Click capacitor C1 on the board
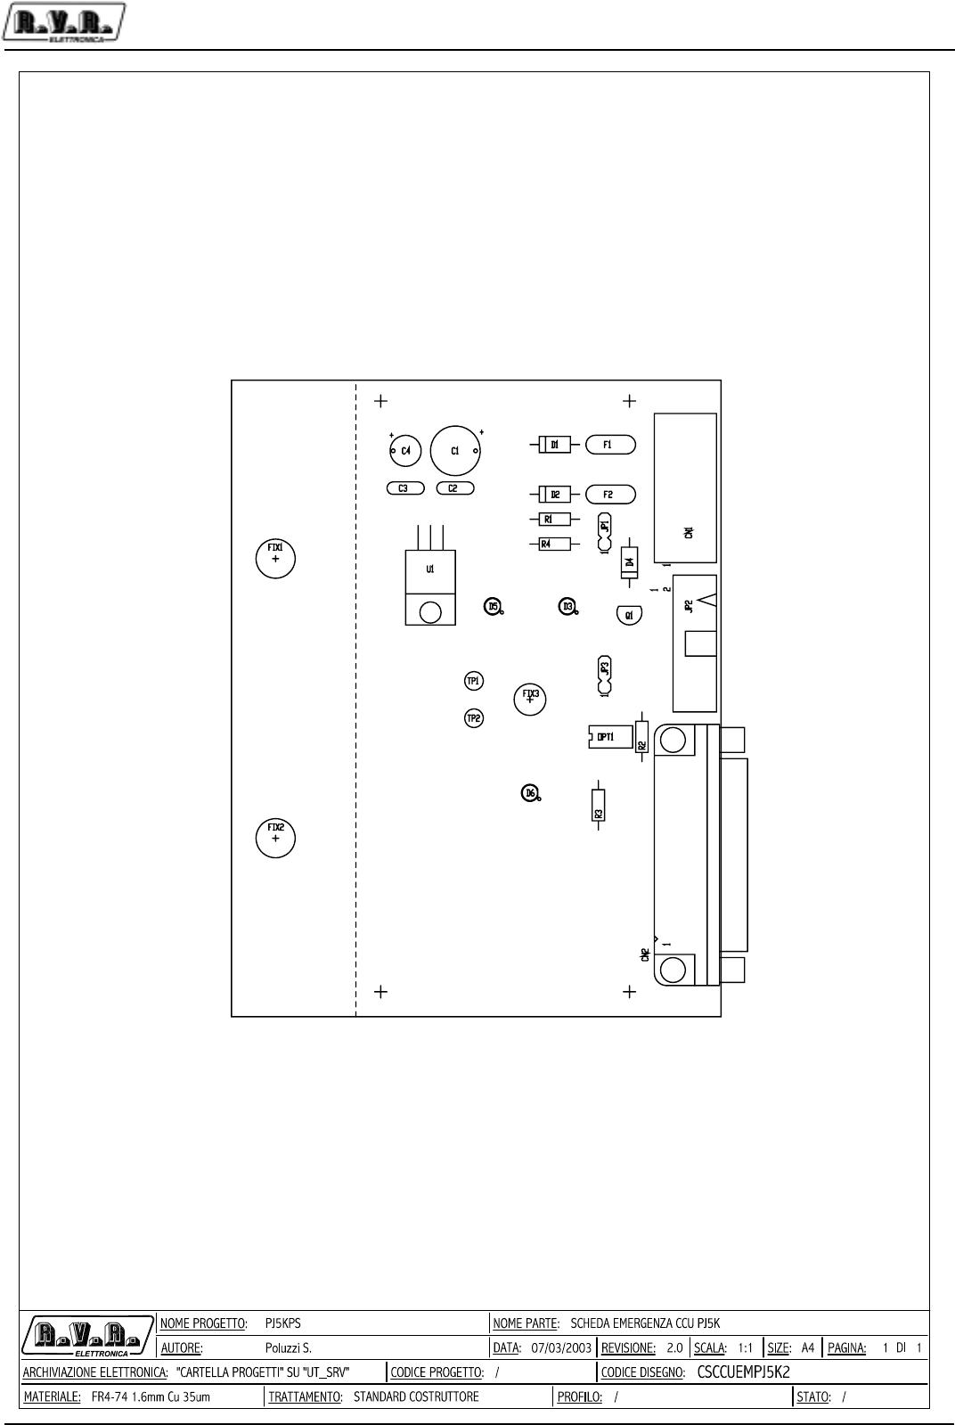coord(455,451)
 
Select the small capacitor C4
coord(405,451)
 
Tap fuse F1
coord(609,444)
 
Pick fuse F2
coord(609,494)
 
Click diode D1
coord(554,444)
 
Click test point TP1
coord(474,681)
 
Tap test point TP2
coord(474,717)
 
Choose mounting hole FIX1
coord(275,558)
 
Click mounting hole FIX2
coord(275,838)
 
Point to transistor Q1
coord(629,615)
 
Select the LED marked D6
coord(530,792)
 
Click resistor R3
coord(599,808)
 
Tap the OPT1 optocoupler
coord(609,737)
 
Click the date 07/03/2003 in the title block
coord(560,1348)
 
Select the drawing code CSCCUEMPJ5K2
coord(743,1372)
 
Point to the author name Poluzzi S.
coord(288,1348)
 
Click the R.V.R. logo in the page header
coord(64,22)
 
